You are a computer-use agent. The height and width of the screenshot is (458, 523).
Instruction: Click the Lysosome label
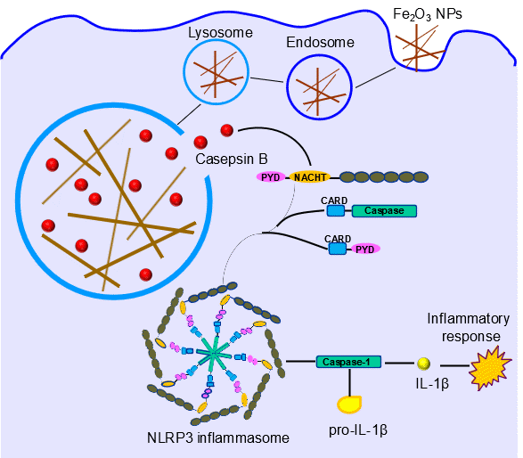(220, 33)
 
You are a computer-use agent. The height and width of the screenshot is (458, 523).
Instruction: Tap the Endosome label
(320, 43)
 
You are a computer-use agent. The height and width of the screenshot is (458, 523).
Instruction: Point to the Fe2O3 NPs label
(428, 14)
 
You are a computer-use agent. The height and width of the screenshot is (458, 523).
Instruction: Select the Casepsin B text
(232, 159)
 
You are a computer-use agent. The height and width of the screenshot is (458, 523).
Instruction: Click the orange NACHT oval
(310, 177)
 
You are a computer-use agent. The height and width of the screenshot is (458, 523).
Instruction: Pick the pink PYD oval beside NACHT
(271, 177)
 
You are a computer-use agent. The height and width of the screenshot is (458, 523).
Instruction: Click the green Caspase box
(384, 211)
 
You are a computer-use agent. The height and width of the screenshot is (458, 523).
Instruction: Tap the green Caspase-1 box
(348, 362)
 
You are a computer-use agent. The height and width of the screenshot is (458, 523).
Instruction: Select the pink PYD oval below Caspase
(365, 249)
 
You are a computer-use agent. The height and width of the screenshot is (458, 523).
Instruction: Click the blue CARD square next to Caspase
(336, 211)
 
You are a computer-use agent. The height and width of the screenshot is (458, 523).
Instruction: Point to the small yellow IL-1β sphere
(424, 364)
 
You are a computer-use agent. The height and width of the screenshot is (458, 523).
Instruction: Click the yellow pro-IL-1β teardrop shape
(349, 405)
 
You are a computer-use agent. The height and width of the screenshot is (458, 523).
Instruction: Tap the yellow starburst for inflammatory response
(490, 368)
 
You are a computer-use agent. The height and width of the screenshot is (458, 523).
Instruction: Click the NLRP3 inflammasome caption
(218, 438)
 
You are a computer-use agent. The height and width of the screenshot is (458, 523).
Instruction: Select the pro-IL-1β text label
(358, 430)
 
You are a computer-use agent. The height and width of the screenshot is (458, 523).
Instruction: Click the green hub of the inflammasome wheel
(213, 354)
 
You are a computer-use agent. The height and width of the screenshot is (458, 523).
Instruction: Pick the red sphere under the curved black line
(227, 130)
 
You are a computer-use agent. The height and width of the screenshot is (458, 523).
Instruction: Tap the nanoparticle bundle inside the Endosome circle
(320, 89)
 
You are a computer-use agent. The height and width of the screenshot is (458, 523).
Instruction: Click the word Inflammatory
(469, 319)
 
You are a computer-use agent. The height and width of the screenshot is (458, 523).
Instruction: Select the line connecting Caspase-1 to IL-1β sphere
(399, 363)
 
